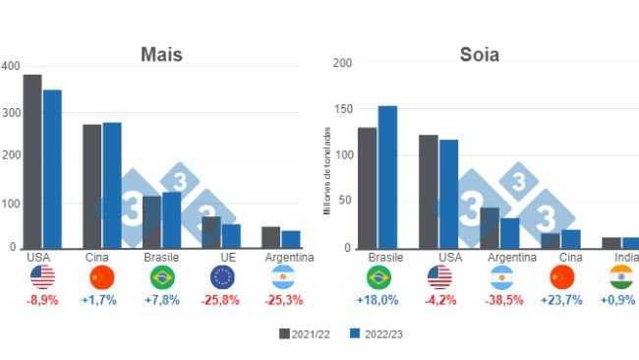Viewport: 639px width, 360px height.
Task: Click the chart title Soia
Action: pyautogui.click(x=479, y=55)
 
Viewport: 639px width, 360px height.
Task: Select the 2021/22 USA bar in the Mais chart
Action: pyautogui.click(x=32, y=161)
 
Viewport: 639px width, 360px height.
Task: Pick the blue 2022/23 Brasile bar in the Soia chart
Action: pyautogui.click(x=387, y=177)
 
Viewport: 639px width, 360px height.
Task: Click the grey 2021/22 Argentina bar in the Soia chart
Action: pyautogui.click(x=490, y=227)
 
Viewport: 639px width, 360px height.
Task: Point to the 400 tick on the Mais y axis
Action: pyautogui.click(x=10, y=66)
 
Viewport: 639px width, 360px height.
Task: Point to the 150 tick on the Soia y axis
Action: pyautogui.click(x=342, y=109)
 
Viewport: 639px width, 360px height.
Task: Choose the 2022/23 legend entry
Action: pyautogui.click(x=377, y=334)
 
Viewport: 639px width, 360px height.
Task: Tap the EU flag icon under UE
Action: pyautogui.click(x=221, y=277)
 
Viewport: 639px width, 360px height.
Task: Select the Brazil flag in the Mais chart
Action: pyautogui.click(x=162, y=277)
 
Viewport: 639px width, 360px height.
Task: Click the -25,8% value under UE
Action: pyautogui.click(x=221, y=299)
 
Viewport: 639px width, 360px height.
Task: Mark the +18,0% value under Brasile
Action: pyautogui.click(x=378, y=299)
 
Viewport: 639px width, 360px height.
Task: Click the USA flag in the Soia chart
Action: pyautogui.click(x=438, y=277)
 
